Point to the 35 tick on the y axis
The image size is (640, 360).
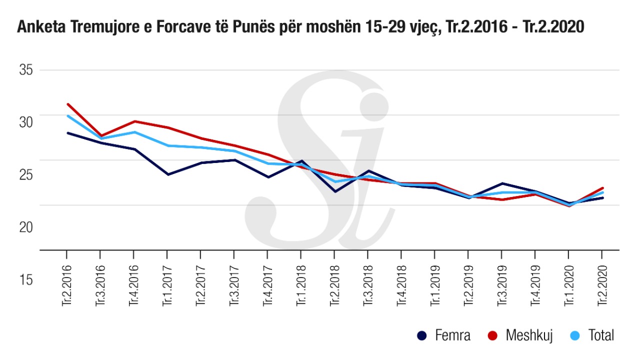[x=25, y=69]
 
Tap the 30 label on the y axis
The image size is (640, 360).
[x=25, y=121]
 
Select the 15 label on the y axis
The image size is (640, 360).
[x=25, y=279]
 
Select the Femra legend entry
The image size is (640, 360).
[x=445, y=335]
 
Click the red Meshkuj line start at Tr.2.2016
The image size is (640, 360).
[x=67, y=104]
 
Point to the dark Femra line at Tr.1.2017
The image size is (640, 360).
[x=168, y=174]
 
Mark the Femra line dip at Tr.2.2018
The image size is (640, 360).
[x=335, y=191]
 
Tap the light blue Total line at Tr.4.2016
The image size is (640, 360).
[x=134, y=132]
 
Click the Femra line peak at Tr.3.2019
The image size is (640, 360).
[x=502, y=183]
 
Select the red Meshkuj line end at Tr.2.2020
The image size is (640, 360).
[x=602, y=188]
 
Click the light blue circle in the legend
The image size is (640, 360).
[x=574, y=335]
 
